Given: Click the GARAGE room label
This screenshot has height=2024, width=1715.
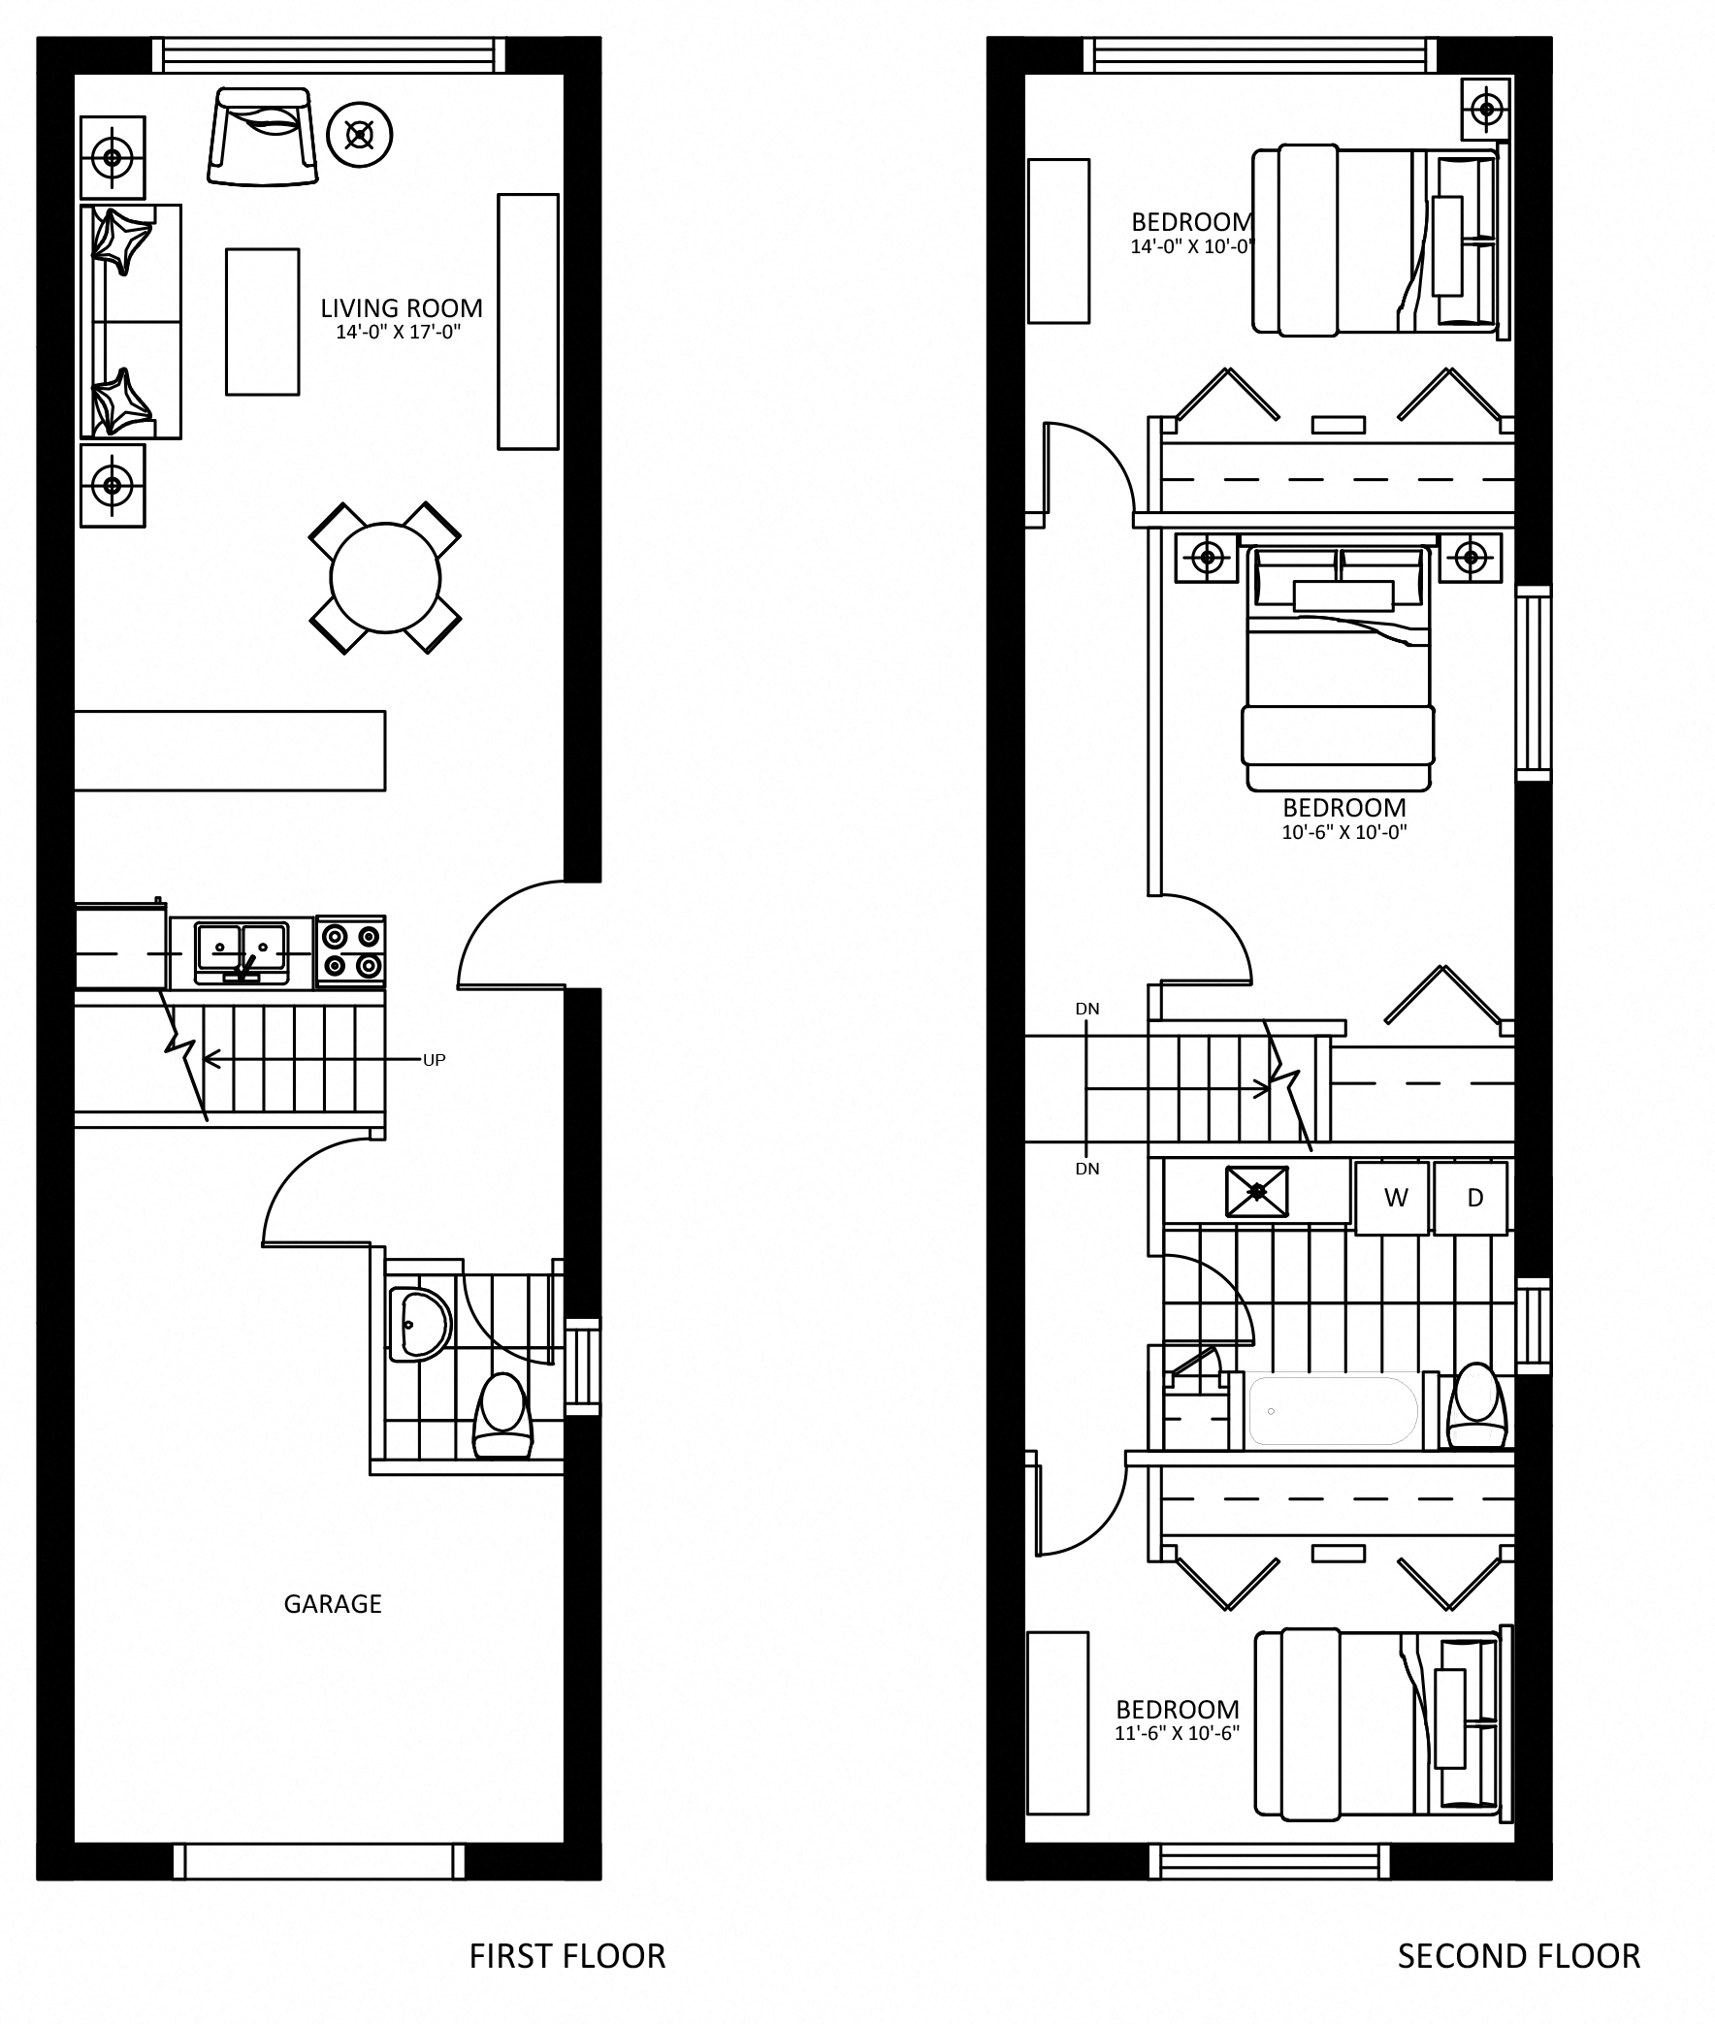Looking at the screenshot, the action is [x=333, y=1603].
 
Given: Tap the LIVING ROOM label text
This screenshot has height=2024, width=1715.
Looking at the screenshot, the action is [x=402, y=308].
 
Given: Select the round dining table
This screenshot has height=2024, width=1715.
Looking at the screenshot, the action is [x=385, y=577].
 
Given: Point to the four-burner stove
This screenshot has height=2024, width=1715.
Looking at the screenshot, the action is [x=350, y=951].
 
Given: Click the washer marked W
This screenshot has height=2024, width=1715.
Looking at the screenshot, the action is [x=1392, y=1198].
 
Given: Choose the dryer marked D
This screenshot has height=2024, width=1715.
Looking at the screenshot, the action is [x=1471, y=1198].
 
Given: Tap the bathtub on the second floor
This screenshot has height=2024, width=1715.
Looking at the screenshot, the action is [x=1333, y=1409].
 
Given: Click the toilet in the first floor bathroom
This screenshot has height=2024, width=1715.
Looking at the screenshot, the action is [x=502, y=1414].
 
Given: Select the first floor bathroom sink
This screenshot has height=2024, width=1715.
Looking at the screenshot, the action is [x=419, y=1324].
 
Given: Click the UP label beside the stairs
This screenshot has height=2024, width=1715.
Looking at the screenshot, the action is [x=434, y=1060].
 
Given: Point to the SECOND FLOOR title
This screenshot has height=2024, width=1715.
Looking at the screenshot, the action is [x=1519, y=1956].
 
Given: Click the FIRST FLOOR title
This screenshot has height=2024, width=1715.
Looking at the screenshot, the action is [x=567, y=1956].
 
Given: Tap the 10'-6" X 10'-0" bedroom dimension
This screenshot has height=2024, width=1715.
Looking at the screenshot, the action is [x=1344, y=832].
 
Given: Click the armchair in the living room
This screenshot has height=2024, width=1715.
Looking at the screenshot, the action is [x=263, y=136].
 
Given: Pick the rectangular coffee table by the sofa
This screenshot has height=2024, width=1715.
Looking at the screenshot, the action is [x=263, y=322].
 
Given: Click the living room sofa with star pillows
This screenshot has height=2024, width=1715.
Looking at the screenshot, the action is [x=131, y=322].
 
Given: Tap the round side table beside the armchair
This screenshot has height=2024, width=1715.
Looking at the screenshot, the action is [x=360, y=135].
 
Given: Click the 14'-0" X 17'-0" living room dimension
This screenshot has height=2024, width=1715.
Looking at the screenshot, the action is [x=399, y=333].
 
